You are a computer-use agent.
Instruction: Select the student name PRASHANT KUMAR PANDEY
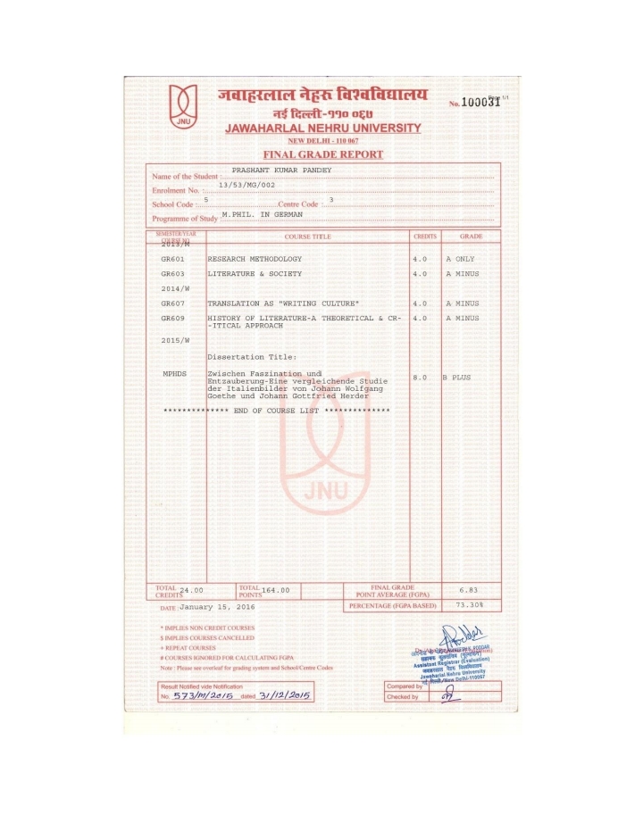[281, 170]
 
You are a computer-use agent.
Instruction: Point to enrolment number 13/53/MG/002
[247, 184]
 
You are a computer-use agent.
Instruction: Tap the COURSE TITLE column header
[307, 237]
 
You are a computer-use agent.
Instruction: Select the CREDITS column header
[424, 237]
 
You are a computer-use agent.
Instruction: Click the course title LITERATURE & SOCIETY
[255, 273]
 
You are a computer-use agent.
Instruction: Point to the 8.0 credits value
[421, 378]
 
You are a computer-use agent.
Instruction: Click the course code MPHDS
[174, 373]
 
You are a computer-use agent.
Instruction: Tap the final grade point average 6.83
[470, 590]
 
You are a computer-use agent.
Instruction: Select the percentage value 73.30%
[469, 604]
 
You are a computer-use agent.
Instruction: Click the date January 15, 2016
[217, 606]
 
